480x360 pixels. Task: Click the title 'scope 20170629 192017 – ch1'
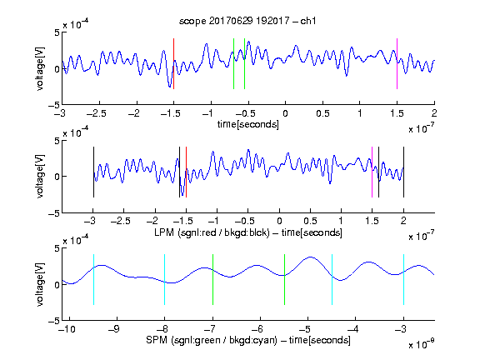[x=247, y=21]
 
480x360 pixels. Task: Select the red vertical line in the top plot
[x=173, y=63]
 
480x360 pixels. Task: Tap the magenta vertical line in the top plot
[x=397, y=63]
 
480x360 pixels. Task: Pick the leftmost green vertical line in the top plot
[x=233, y=63]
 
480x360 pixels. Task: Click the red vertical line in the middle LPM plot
[x=186, y=172]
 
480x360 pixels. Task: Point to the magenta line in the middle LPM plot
[x=372, y=172]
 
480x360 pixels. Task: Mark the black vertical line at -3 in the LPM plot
[x=93, y=172]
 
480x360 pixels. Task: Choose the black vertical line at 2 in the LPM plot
[x=403, y=172]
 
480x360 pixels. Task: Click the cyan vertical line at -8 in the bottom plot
[x=165, y=279]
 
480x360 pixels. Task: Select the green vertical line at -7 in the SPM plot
[x=212, y=279]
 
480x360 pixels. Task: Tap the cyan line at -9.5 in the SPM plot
[x=93, y=279]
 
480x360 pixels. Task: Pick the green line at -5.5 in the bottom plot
[x=284, y=279]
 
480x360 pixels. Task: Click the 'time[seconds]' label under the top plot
[x=248, y=124]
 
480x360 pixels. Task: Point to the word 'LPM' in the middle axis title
[x=164, y=232]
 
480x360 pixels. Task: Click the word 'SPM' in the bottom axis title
[x=157, y=340]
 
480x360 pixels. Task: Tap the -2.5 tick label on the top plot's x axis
[x=96, y=113]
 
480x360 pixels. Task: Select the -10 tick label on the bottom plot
[x=67, y=329]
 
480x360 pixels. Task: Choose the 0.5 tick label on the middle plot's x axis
[x=310, y=221]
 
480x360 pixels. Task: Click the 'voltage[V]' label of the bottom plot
[x=40, y=284]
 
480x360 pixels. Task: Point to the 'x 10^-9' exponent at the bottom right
[x=421, y=344]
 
